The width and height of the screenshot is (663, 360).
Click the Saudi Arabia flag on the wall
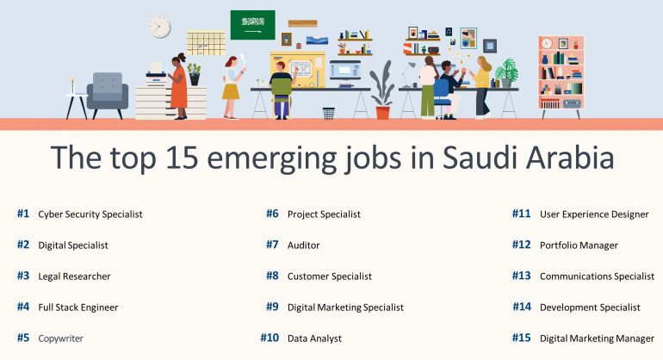(252, 25)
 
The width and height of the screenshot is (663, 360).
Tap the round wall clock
(159, 27)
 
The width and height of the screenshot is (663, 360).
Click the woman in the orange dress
(179, 86)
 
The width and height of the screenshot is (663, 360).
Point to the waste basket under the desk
(329, 114)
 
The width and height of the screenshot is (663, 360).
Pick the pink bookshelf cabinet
(561, 76)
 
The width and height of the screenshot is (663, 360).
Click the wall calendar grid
(206, 43)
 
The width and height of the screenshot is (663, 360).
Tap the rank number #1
(23, 214)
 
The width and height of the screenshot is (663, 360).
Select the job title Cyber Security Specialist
(90, 214)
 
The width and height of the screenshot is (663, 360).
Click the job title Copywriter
(60, 338)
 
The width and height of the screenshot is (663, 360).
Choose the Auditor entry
(304, 245)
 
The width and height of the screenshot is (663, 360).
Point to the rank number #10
(270, 338)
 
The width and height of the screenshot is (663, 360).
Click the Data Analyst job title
(314, 338)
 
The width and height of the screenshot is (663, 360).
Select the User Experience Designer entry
(594, 214)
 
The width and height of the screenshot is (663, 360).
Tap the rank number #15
(521, 338)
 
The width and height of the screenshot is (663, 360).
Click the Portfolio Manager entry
(579, 245)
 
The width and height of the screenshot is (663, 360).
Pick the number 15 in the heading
(183, 158)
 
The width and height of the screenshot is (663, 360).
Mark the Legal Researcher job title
(74, 276)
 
